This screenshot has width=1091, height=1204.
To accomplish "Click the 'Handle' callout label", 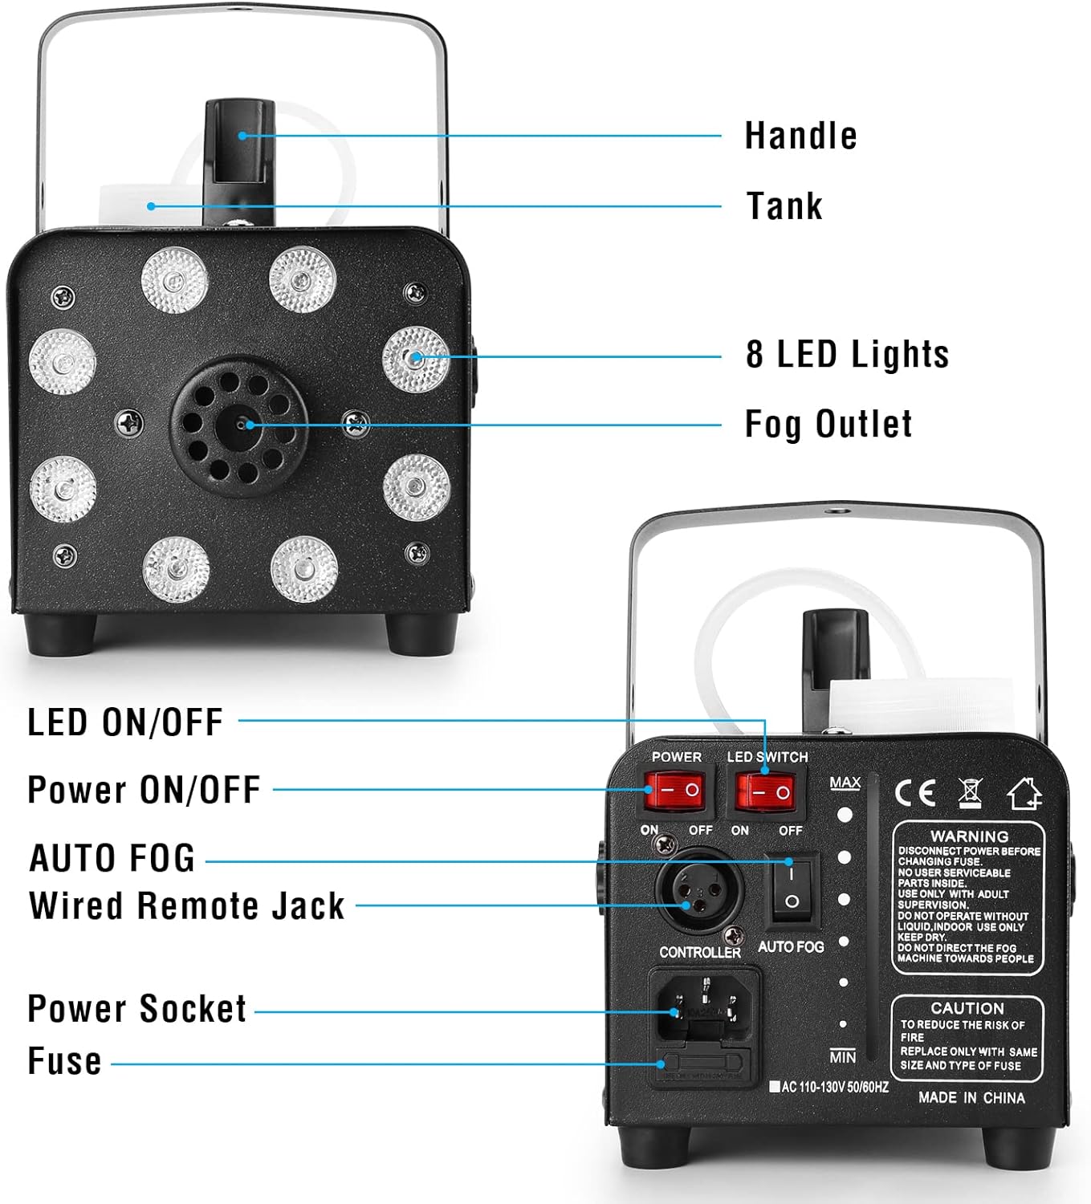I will tap(800, 136).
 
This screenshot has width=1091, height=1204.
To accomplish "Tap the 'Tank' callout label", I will tap(784, 206).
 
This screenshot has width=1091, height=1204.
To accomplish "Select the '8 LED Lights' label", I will tap(847, 354).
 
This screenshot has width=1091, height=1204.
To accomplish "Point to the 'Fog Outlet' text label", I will tap(828, 424).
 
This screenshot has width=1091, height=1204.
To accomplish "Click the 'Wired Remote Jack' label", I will tap(187, 905).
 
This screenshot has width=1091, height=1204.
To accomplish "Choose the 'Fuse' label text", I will tap(64, 1061).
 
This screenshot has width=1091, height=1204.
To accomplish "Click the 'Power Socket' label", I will tap(136, 1009).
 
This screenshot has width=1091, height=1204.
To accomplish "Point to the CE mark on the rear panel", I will tap(915, 793).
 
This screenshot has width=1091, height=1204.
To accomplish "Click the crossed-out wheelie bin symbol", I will tap(970, 793).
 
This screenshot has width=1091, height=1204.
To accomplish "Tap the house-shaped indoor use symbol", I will tap(1024, 793).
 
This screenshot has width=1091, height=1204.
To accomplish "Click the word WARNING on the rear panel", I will tap(969, 836).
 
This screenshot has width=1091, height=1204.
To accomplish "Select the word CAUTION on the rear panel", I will tap(967, 1008).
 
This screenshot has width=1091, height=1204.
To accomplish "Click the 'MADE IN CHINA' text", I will tap(971, 1097).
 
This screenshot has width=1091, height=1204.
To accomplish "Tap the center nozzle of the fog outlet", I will tap(241, 425).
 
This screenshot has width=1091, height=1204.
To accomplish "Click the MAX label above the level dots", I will tap(845, 782).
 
